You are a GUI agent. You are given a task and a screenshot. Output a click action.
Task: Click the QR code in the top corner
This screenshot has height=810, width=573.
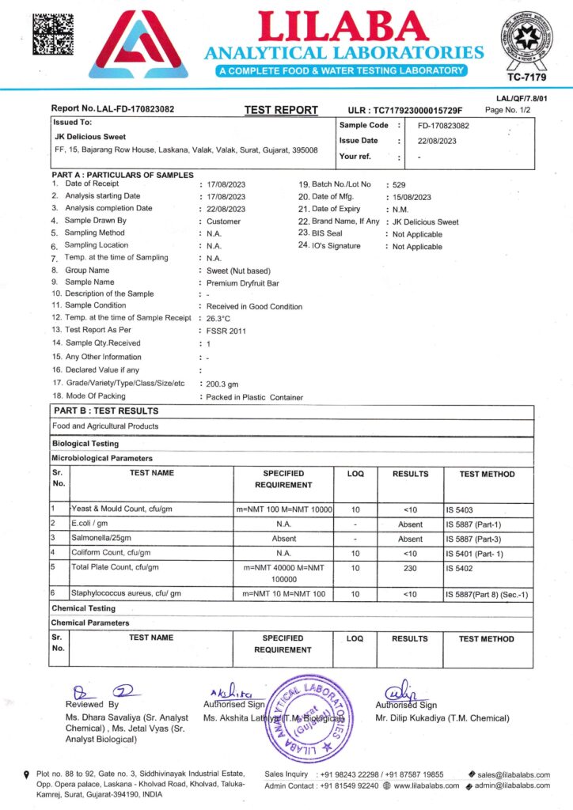click(53, 33)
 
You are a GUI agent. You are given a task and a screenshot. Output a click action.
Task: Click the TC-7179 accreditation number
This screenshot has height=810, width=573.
click(525, 77)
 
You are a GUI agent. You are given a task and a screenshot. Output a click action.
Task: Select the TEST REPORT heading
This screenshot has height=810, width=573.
click(281, 110)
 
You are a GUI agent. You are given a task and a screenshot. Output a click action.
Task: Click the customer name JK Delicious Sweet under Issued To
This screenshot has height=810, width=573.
click(85, 137)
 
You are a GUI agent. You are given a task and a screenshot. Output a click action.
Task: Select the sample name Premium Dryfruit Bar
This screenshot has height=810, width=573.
click(242, 282)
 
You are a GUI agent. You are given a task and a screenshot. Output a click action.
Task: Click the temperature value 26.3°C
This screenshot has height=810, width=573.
click(223, 318)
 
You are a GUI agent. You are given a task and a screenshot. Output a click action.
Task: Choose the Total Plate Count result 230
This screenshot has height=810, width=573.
click(410, 567)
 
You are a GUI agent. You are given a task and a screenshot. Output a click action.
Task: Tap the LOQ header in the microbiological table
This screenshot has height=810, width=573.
click(355, 475)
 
